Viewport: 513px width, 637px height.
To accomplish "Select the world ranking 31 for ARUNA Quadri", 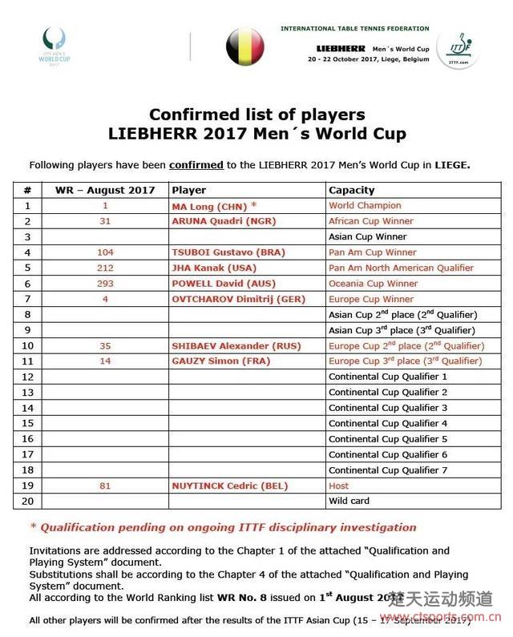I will click(105, 221).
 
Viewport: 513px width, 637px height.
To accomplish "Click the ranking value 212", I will click(105, 268).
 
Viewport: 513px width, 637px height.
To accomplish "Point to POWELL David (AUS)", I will click(211, 284).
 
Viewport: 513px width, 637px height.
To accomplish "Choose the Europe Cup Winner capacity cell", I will click(372, 299).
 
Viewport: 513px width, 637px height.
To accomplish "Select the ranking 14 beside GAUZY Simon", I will click(105, 361).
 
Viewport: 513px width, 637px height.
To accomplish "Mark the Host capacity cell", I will click(339, 486).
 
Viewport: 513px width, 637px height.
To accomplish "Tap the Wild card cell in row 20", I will click(350, 501).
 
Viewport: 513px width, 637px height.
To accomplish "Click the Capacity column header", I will click(351, 190).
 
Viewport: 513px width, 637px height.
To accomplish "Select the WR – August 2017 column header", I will click(105, 190).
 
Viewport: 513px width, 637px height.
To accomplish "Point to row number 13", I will click(27, 393).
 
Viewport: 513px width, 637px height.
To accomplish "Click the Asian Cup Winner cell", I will click(367, 237).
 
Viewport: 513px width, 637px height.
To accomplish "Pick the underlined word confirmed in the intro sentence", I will click(196, 165).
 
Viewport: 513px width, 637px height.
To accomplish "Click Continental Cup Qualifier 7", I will click(388, 470).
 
